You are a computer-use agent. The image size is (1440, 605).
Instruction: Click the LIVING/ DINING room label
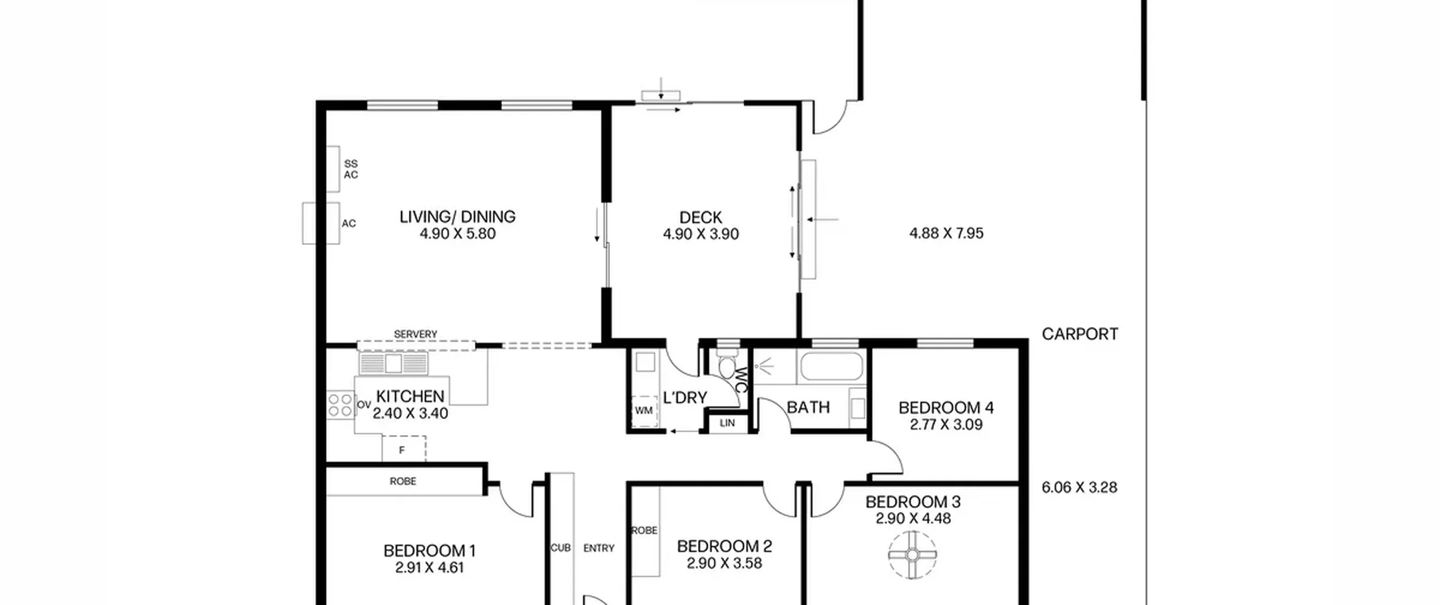[x=457, y=217]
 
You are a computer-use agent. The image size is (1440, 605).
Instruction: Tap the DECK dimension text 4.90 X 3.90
[x=701, y=234]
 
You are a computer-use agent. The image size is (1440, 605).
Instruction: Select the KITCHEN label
[x=410, y=396]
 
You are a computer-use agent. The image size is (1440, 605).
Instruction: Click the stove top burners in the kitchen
[x=340, y=405]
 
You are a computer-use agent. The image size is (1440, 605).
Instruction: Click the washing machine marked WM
[x=644, y=411]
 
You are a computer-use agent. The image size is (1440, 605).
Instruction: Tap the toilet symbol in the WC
[x=727, y=364]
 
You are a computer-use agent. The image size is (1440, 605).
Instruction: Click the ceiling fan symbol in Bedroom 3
[x=912, y=555]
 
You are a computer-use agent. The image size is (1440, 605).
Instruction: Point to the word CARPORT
[x=1080, y=334]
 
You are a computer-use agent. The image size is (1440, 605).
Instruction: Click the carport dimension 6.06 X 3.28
[x=1079, y=487]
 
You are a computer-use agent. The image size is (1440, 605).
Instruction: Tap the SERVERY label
[x=416, y=334]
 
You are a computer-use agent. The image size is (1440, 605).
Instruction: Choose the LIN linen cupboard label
[x=727, y=423]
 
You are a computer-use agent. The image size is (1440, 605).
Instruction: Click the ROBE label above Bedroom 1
[x=403, y=481]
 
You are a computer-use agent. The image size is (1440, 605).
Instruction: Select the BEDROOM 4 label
[x=946, y=407]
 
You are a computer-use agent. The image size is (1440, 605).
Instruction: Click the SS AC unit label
[x=351, y=169]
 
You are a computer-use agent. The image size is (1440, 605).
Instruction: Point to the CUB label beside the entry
[x=561, y=548]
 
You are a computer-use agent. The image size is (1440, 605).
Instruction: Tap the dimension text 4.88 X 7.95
[x=947, y=234]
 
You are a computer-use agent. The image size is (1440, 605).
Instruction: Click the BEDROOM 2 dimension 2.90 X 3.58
[x=724, y=563]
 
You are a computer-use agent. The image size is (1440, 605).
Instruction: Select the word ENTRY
[x=599, y=548]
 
